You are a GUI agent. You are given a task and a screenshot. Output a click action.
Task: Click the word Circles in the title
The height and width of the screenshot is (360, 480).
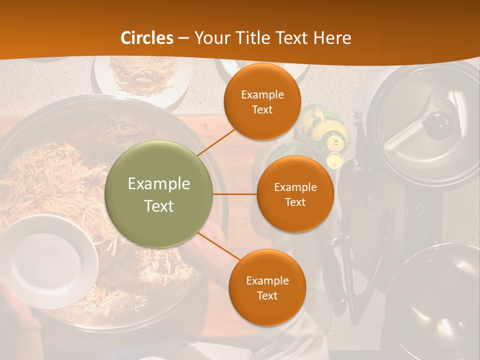tap(147, 38)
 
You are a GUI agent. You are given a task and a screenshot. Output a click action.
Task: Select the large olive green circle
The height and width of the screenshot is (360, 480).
tap(159, 194)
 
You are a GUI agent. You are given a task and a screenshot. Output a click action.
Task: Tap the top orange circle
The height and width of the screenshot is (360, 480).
tap(262, 102)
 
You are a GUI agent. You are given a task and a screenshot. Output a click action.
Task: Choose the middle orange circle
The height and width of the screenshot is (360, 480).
tap(295, 194)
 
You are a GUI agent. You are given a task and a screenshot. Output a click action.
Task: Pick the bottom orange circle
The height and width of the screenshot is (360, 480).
tap(267, 287)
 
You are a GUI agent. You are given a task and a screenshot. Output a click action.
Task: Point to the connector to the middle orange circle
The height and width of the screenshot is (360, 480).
tap(235, 194)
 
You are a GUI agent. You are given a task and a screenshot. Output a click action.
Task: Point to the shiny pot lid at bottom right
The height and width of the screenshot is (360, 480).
tap(435, 300)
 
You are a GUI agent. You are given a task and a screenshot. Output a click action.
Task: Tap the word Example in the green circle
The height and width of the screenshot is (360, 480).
tap(159, 184)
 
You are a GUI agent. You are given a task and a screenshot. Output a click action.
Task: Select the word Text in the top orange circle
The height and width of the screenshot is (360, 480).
tap(262, 110)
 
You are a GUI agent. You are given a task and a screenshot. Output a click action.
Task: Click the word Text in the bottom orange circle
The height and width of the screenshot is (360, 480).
tap(267, 295)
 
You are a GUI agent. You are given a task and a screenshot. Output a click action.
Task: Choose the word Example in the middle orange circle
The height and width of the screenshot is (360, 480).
tap(295, 187)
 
